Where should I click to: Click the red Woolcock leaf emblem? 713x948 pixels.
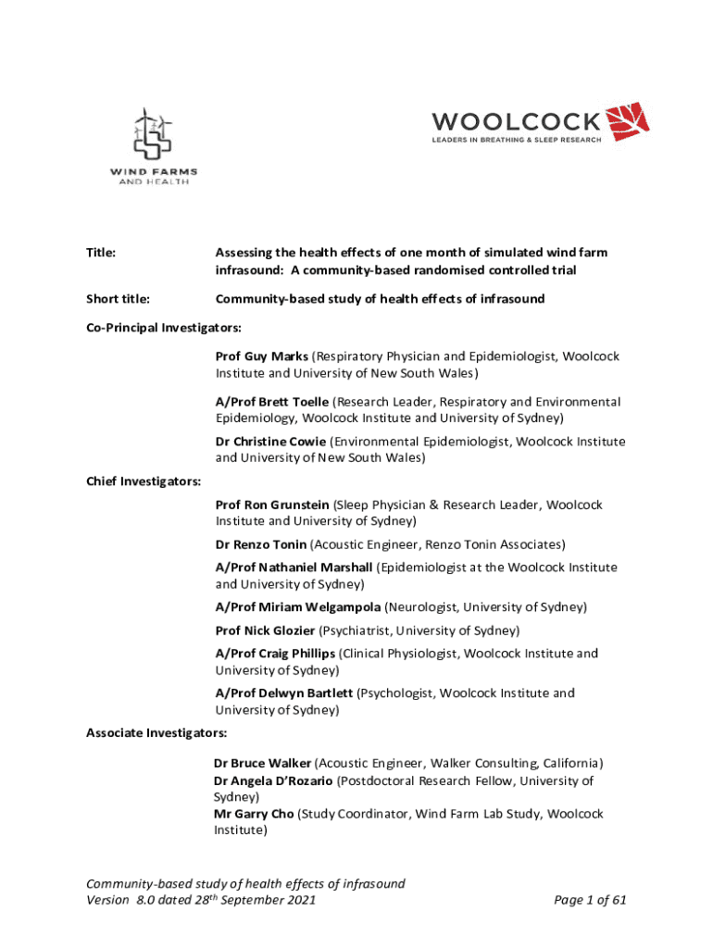pyautogui.click(x=627, y=121)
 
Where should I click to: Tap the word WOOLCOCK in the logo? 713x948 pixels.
pyautogui.click(x=516, y=121)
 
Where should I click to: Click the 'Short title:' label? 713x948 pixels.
pyautogui.click(x=119, y=299)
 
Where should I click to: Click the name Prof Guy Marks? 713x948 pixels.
pyautogui.click(x=262, y=356)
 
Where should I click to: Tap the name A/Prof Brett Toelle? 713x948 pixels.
pyautogui.click(x=272, y=402)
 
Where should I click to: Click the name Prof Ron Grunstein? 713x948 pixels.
pyautogui.click(x=272, y=505)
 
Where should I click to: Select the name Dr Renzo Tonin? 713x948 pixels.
pyautogui.click(x=261, y=544)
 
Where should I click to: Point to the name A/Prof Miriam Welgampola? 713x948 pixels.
pyautogui.click(x=294, y=607)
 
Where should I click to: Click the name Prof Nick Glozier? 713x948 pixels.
pyautogui.click(x=265, y=630)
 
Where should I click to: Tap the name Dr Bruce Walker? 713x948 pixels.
pyautogui.click(x=263, y=764)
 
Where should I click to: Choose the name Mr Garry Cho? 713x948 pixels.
pyautogui.click(x=254, y=814)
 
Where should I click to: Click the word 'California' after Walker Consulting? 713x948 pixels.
pyautogui.click(x=569, y=764)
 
